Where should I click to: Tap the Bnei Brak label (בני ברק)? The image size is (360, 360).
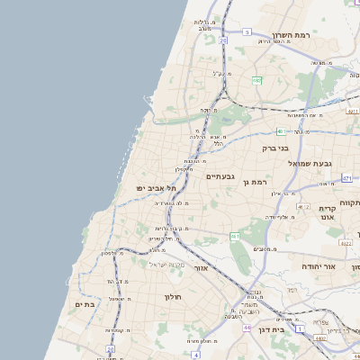pyautogui.click(x=275, y=148)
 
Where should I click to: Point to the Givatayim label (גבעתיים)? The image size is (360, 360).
pyautogui.click(x=220, y=175)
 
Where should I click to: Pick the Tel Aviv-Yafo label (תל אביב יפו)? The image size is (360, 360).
pyautogui.click(x=155, y=187)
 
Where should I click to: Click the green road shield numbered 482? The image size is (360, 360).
pyautogui.click(x=256, y=81)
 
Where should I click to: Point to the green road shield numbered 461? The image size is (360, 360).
pyautogui.click(x=235, y=236)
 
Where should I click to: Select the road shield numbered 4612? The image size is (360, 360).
pyautogui.click(x=303, y=207)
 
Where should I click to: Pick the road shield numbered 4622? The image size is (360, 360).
pyautogui.click(x=345, y=243)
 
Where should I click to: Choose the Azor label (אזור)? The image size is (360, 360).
pyautogui.click(x=202, y=268)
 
